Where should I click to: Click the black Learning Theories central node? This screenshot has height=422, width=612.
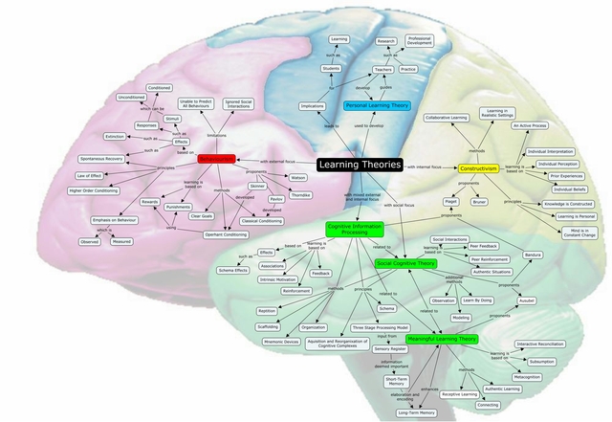[359, 165]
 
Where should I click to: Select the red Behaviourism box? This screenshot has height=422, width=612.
[217, 160]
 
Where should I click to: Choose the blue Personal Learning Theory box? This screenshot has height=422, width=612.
[377, 105]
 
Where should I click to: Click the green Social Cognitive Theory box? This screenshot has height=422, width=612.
[406, 262]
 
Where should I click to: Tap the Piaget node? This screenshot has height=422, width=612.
[449, 202]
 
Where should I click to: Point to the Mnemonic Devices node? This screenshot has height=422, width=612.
[282, 341]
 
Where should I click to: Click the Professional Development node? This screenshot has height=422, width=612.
[420, 41]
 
